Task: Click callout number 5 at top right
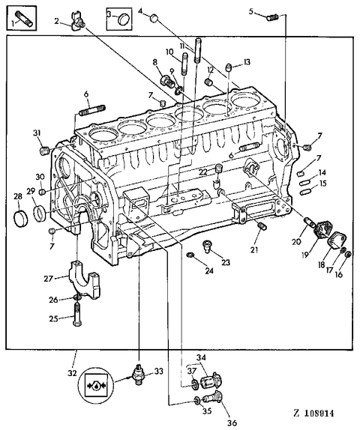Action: (x=252, y=11)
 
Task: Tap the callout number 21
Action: (x=255, y=249)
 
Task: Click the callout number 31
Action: (x=36, y=133)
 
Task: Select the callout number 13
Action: (x=247, y=61)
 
